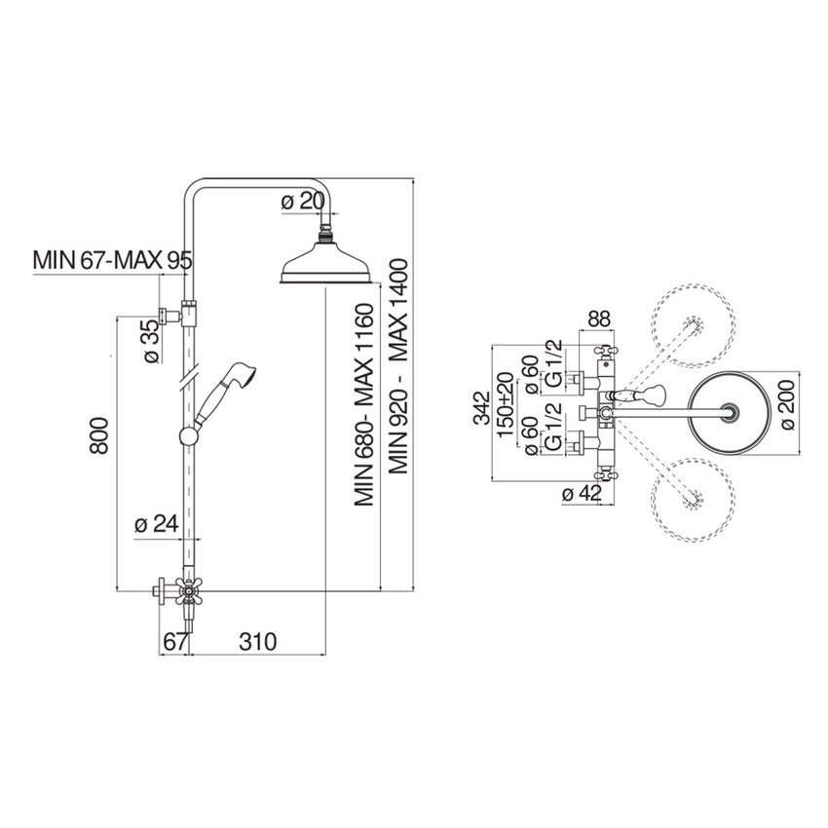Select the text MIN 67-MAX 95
(112, 260)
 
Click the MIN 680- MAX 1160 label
(364, 405)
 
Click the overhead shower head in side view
(324, 268)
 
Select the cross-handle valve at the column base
(186, 591)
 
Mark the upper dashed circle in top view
(694, 325)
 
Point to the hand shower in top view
(643, 395)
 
